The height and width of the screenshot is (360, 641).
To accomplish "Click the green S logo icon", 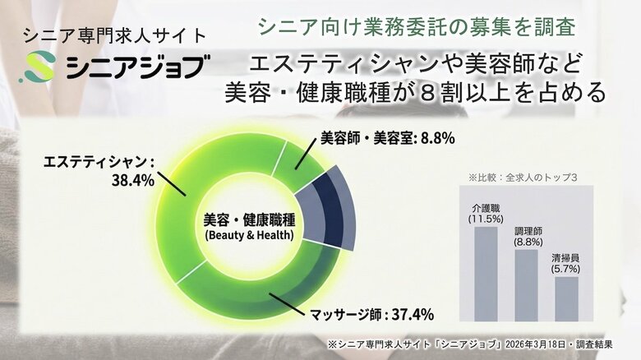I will click(x=39, y=67).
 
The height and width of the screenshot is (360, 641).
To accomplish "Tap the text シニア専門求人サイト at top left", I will click(x=115, y=35).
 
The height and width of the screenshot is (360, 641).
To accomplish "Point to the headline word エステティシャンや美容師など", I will click(x=416, y=62).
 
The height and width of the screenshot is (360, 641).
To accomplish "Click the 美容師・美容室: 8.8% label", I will click(x=387, y=138).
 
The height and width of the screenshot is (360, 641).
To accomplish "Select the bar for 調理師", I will click(x=527, y=285).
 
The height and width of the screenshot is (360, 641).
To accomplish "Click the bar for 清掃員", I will click(x=567, y=298).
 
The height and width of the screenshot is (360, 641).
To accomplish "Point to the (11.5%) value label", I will click(x=486, y=219).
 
